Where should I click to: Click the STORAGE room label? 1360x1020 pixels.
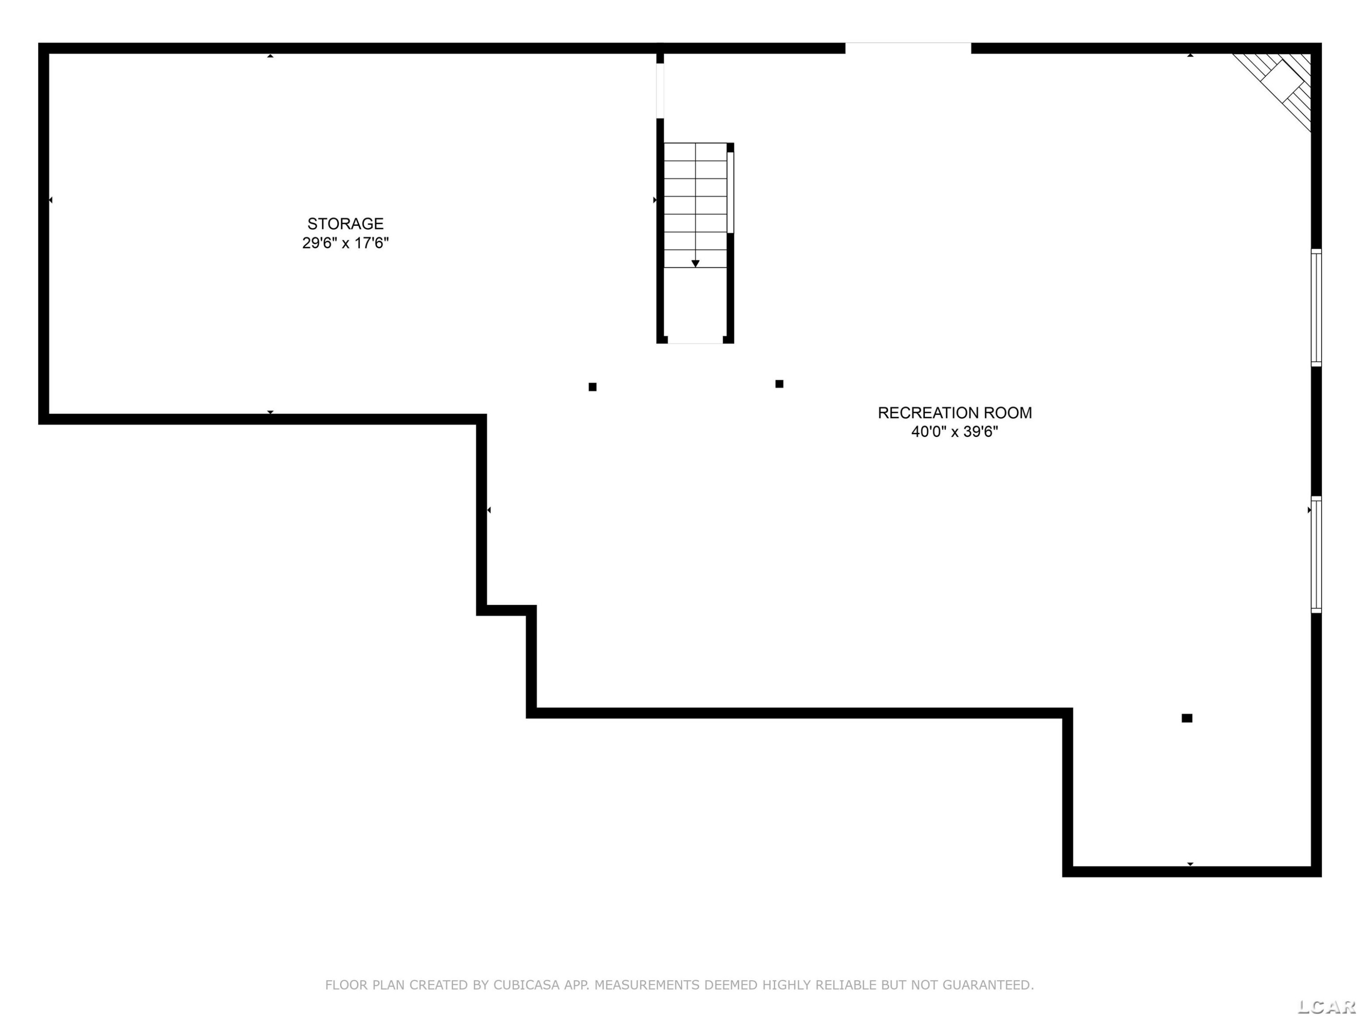(x=345, y=224)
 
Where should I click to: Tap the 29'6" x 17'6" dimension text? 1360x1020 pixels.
(x=345, y=243)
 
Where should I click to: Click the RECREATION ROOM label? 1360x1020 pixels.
(x=955, y=413)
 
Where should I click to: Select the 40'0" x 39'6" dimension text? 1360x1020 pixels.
(x=955, y=432)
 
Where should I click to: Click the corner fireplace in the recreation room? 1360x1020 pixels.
(x=1276, y=90)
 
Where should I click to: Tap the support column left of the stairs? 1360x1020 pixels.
(x=593, y=387)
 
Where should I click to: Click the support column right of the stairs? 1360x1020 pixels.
(x=779, y=384)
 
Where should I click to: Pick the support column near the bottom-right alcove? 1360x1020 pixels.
(x=1187, y=718)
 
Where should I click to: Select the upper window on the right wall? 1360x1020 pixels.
(x=1316, y=307)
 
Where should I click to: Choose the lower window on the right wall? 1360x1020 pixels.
(x=1316, y=554)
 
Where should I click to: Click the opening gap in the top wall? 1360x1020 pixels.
(x=908, y=48)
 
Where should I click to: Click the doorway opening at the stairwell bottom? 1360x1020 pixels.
(x=695, y=340)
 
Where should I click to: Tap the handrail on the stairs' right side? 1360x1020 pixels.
(x=730, y=193)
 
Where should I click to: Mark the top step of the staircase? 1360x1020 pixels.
(x=695, y=152)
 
